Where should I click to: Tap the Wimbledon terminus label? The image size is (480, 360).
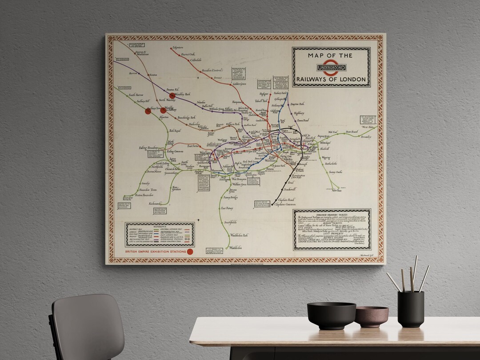tap(236, 248)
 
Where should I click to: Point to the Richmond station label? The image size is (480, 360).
tap(155, 204)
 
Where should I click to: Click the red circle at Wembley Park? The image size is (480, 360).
tap(172, 96)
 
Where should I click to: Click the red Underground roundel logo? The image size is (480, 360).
tap(331, 68)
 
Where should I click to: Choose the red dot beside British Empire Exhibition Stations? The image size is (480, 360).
tap(190, 252)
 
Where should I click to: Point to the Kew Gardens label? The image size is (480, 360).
tap(176, 188)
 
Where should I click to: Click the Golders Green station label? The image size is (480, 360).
tap(239, 84)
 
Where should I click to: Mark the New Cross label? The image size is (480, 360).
tap(336, 191)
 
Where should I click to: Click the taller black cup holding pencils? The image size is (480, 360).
tap(410, 308)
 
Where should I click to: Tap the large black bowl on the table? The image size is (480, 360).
tap(331, 315)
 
